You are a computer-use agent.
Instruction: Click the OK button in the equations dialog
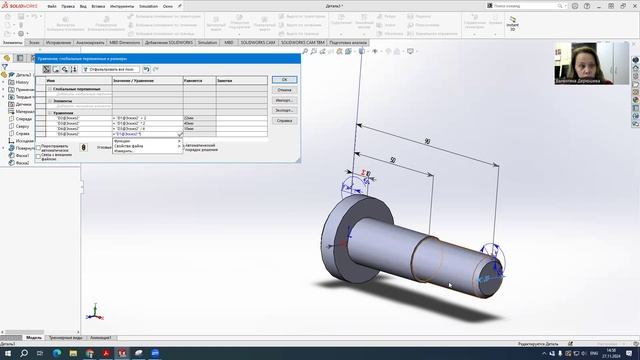[285, 79]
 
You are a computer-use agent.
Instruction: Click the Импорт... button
[285, 101]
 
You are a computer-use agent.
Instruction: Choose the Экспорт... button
[285, 112]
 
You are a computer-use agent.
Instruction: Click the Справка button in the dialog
[285, 123]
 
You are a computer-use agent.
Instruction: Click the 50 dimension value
[393, 160]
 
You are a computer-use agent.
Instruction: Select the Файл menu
[65, 5]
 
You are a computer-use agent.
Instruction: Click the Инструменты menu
[121, 5]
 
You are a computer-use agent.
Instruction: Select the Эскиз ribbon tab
[35, 44]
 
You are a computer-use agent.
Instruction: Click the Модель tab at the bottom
[33, 338]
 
